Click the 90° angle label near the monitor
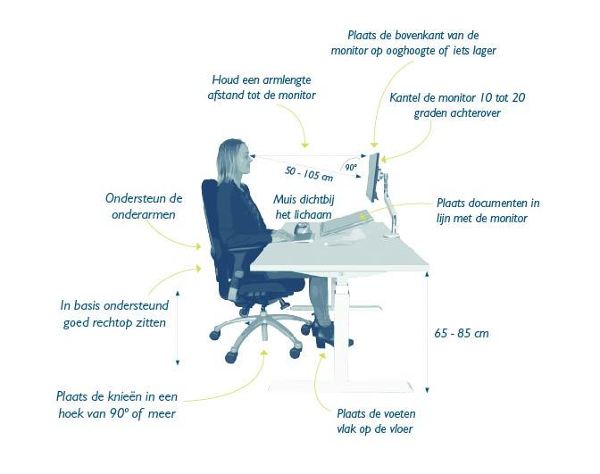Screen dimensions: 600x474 coord(351,167)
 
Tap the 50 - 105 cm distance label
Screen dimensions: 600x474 coord(309,174)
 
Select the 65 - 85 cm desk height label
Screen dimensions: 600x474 coord(462,333)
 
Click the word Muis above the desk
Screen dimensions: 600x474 coord(285,199)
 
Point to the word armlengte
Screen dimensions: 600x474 coord(286,80)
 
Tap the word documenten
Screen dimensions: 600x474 coord(496,203)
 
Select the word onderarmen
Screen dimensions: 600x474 coord(144,214)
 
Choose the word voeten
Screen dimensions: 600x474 coord(397,413)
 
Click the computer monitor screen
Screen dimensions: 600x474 coord(372,178)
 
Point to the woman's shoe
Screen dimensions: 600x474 coord(323,334)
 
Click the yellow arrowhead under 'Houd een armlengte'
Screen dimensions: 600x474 coord(304,145)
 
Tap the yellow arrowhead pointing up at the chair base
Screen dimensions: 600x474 coord(263,353)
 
